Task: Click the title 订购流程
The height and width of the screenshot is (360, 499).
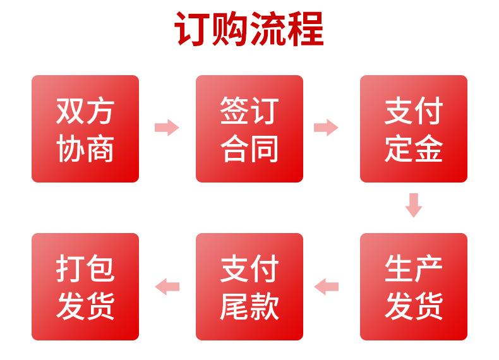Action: point(249,28)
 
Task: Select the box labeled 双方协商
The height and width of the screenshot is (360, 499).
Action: point(85,129)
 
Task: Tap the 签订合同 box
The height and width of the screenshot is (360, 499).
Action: point(249,129)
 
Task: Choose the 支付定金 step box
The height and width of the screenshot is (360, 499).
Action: point(414,129)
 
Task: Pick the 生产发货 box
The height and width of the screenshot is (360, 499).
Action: point(414,287)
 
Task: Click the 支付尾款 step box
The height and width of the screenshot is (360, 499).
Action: point(249,287)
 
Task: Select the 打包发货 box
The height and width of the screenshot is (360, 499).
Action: point(85,287)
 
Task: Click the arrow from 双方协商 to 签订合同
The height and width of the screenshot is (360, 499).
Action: point(167,128)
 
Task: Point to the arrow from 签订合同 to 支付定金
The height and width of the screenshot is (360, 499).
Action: point(326,128)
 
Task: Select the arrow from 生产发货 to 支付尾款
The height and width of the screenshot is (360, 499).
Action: point(326,287)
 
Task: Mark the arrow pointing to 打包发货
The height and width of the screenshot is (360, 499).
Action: point(167,287)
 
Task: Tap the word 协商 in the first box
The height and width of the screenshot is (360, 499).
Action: point(85,150)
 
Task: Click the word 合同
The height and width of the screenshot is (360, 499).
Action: point(249,150)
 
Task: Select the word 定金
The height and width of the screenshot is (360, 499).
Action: point(414,150)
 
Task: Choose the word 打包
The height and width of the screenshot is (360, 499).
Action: point(85,267)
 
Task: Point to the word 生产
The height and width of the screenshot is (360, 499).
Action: point(414,267)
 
